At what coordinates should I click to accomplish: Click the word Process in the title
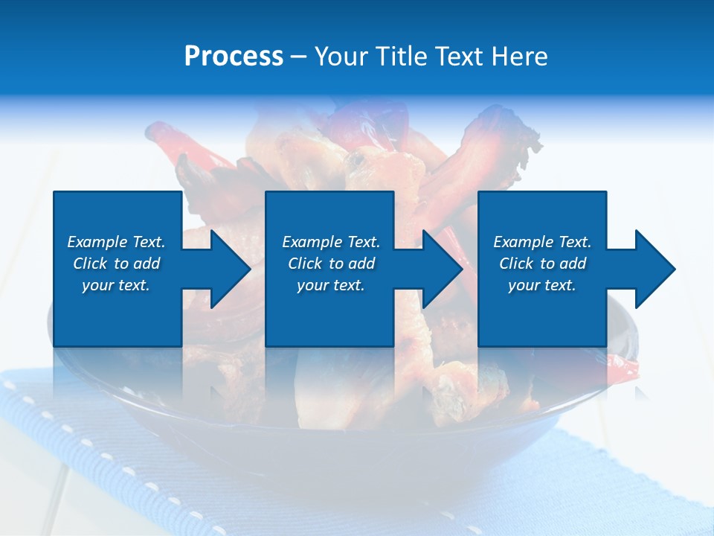234,57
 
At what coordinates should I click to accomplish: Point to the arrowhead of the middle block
441,269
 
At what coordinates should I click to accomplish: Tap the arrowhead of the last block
654,269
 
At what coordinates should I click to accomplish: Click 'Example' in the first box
97,242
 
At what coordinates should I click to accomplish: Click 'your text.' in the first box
116,286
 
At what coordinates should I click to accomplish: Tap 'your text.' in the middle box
330,286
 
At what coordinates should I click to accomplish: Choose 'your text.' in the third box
542,286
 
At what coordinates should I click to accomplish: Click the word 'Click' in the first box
90,264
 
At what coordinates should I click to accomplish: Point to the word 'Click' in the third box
516,264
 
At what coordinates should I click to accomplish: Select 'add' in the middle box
361,264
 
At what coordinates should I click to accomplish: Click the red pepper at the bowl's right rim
623,367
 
